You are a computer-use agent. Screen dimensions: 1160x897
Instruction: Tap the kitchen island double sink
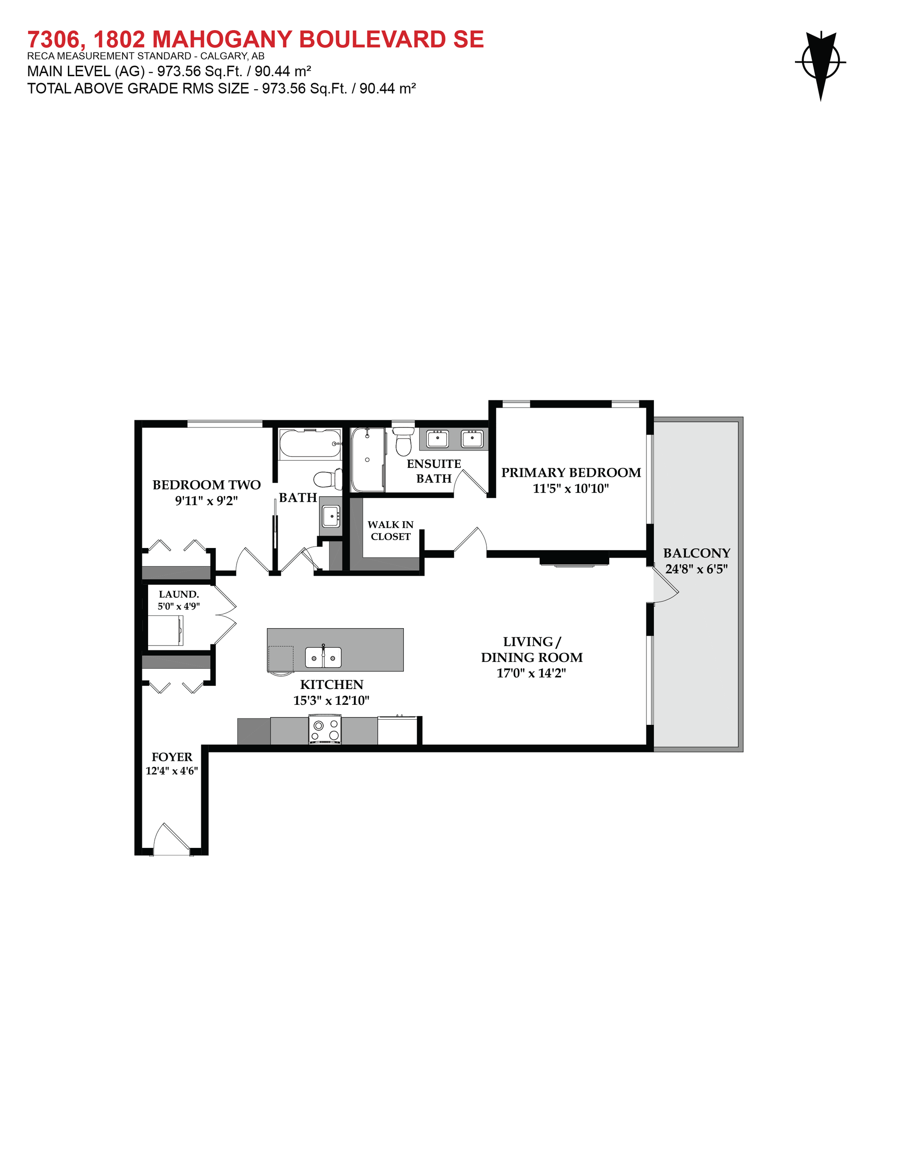pyautogui.click(x=323, y=657)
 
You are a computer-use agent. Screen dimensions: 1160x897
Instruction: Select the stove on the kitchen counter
pyautogui.click(x=325, y=730)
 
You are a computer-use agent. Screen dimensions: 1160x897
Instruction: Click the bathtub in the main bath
pyautogui.click(x=310, y=444)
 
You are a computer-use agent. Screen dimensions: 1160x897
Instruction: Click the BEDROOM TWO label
pyautogui.click(x=206, y=485)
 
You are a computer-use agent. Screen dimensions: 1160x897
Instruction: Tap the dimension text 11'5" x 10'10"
pyautogui.click(x=571, y=489)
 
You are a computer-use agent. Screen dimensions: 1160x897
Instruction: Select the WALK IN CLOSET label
pyautogui.click(x=391, y=531)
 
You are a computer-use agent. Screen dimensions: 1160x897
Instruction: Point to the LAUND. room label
pyautogui.click(x=179, y=594)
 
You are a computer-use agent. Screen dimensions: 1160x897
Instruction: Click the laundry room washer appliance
pyautogui.click(x=165, y=630)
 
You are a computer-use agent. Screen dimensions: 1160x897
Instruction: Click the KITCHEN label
pyautogui.click(x=332, y=685)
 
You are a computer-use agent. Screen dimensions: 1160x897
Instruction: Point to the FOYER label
pyautogui.click(x=172, y=757)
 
